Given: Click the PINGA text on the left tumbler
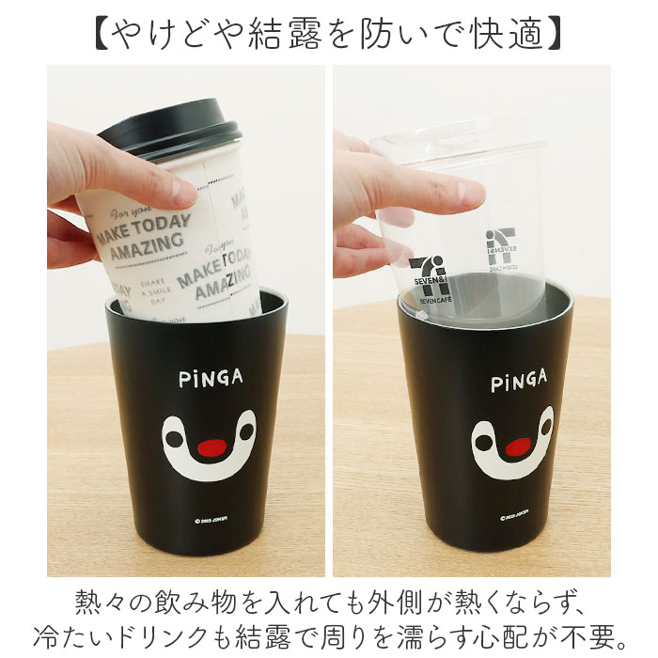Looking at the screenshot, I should (x=210, y=379).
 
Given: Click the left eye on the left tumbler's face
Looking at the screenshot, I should (x=177, y=440).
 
